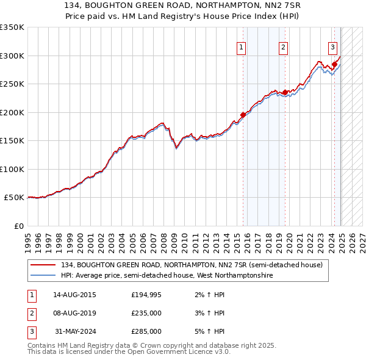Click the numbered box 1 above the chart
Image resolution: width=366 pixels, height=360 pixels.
[x=242, y=47]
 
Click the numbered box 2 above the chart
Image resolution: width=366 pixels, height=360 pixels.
[x=284, y=47]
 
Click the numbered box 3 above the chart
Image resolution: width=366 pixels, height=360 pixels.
[x=332, y=47]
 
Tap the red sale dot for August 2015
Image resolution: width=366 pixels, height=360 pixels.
[x=243, y=114]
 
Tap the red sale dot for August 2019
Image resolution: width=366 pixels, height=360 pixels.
[x=285, y=92]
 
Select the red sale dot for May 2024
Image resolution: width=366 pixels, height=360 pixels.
[x=335, y=64]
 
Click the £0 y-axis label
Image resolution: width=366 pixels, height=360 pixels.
[x=18, y=226]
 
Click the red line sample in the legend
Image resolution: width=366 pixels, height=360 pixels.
[x=43, y=265]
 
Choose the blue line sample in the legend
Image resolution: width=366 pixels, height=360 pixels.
[x=43, y=275]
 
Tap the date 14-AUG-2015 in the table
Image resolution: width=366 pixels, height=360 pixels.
[x=74, y=295]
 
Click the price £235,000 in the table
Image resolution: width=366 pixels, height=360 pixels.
[x=146, y=313]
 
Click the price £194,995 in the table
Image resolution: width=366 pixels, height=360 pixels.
[x=146, y=295]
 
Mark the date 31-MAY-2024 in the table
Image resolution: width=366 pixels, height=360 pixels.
[x=74, y=331]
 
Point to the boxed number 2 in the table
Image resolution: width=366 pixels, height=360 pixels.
[x=30, y=313]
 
